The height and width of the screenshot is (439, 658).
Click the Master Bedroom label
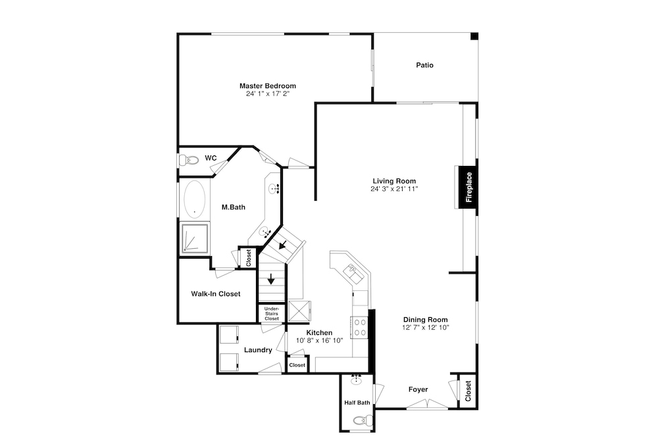coord(268,86)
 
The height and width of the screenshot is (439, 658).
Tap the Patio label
coord(424,65)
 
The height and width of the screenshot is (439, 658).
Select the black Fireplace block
coord(468,187)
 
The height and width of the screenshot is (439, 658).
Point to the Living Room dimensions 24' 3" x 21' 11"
coord(394,189)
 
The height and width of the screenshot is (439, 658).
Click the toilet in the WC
coord(189,160)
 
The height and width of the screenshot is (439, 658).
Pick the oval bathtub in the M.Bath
coord(194,199)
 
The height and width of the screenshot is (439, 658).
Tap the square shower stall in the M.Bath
coord(195,238)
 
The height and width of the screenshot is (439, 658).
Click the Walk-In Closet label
coord(216,294)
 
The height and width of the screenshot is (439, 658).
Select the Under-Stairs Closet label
coord(272,313)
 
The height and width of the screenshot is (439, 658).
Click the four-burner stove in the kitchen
coord(360,327)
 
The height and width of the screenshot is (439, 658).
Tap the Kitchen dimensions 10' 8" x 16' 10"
coord(319,340)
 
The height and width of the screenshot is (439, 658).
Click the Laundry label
coord(258,350)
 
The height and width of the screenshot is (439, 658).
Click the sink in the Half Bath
coord(357,380)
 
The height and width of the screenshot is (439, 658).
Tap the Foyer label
coord(418,390)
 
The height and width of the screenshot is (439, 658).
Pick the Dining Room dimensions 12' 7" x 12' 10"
coord(426,327)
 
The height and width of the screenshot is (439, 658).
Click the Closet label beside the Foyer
coord(468,391)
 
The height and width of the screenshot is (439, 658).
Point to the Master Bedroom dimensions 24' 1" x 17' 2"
coord(268,93)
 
